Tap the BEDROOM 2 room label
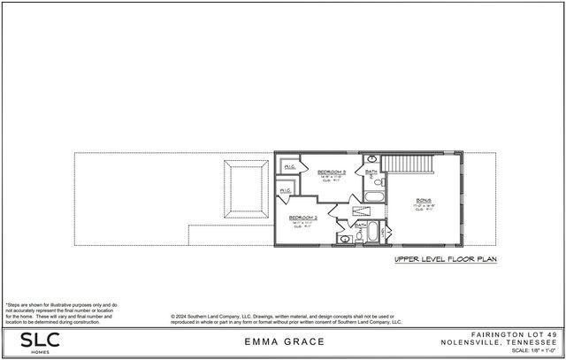(x=303, y=217)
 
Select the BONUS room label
(x=424, y=201)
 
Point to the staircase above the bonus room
(x=409, y=164)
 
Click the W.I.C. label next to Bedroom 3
(x=289, y=165)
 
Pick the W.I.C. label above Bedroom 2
(x=286, y=191)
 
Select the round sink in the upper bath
(x=372, y=158)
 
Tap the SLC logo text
(x=27, y=341)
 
